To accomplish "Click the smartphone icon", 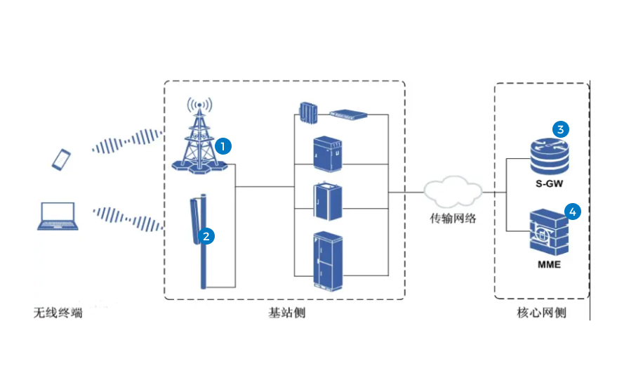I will [62, 159].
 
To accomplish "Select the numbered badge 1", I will [223, 146].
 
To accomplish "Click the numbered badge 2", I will [206, 236].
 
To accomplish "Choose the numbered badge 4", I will [573, 211].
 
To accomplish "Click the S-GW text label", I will [549, 183].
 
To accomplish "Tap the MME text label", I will [549, 265].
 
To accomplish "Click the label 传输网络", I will [453, 218].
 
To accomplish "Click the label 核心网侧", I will [541, 313].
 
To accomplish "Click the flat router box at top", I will [349, 112].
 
